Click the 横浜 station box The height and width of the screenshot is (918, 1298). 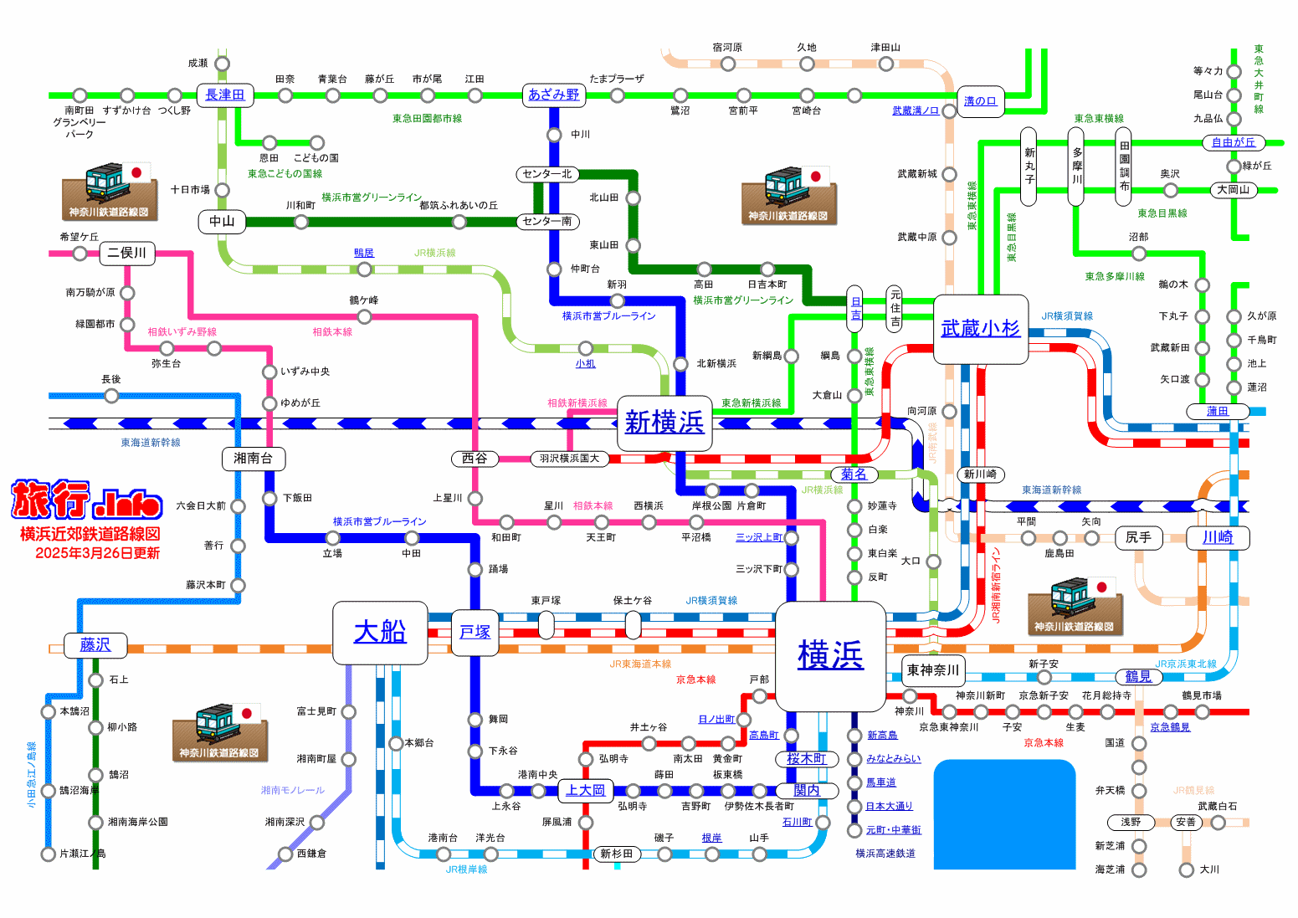click(x=830, y=654)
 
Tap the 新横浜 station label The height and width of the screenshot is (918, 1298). click(x=664, y=423)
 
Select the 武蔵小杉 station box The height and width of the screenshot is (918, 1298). click(x=980, y=329)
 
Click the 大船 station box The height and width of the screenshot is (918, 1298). click(x=380, y=631)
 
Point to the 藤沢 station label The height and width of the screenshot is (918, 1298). click(x=95, y=645)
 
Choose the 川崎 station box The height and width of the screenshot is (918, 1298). click(x=1218, y=537)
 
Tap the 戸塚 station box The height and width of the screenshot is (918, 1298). click(x=475, y=632)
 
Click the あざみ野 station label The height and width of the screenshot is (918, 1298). click(x=553, y=95)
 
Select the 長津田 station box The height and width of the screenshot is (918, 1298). click(x=225, y=95)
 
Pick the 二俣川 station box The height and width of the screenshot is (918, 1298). click(x=127, y=253)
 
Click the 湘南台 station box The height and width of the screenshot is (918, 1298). click(x=253, y=459)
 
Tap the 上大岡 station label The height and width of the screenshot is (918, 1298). click(x=585, y=790)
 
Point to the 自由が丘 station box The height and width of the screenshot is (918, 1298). click(x=1234, y=142)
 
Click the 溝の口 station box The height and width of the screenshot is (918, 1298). click(x=980, y=101)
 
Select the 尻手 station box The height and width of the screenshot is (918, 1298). click(x=1138, y=537)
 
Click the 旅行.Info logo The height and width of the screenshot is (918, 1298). click(x=87, y=500)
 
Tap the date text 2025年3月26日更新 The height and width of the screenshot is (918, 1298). click(x=97, y=553)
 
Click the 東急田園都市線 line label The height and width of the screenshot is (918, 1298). click(x=427, y=119)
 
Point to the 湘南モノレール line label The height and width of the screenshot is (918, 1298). click(x=292, y=790)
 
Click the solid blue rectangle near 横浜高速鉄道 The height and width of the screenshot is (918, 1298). click(x=1004, y=814)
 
